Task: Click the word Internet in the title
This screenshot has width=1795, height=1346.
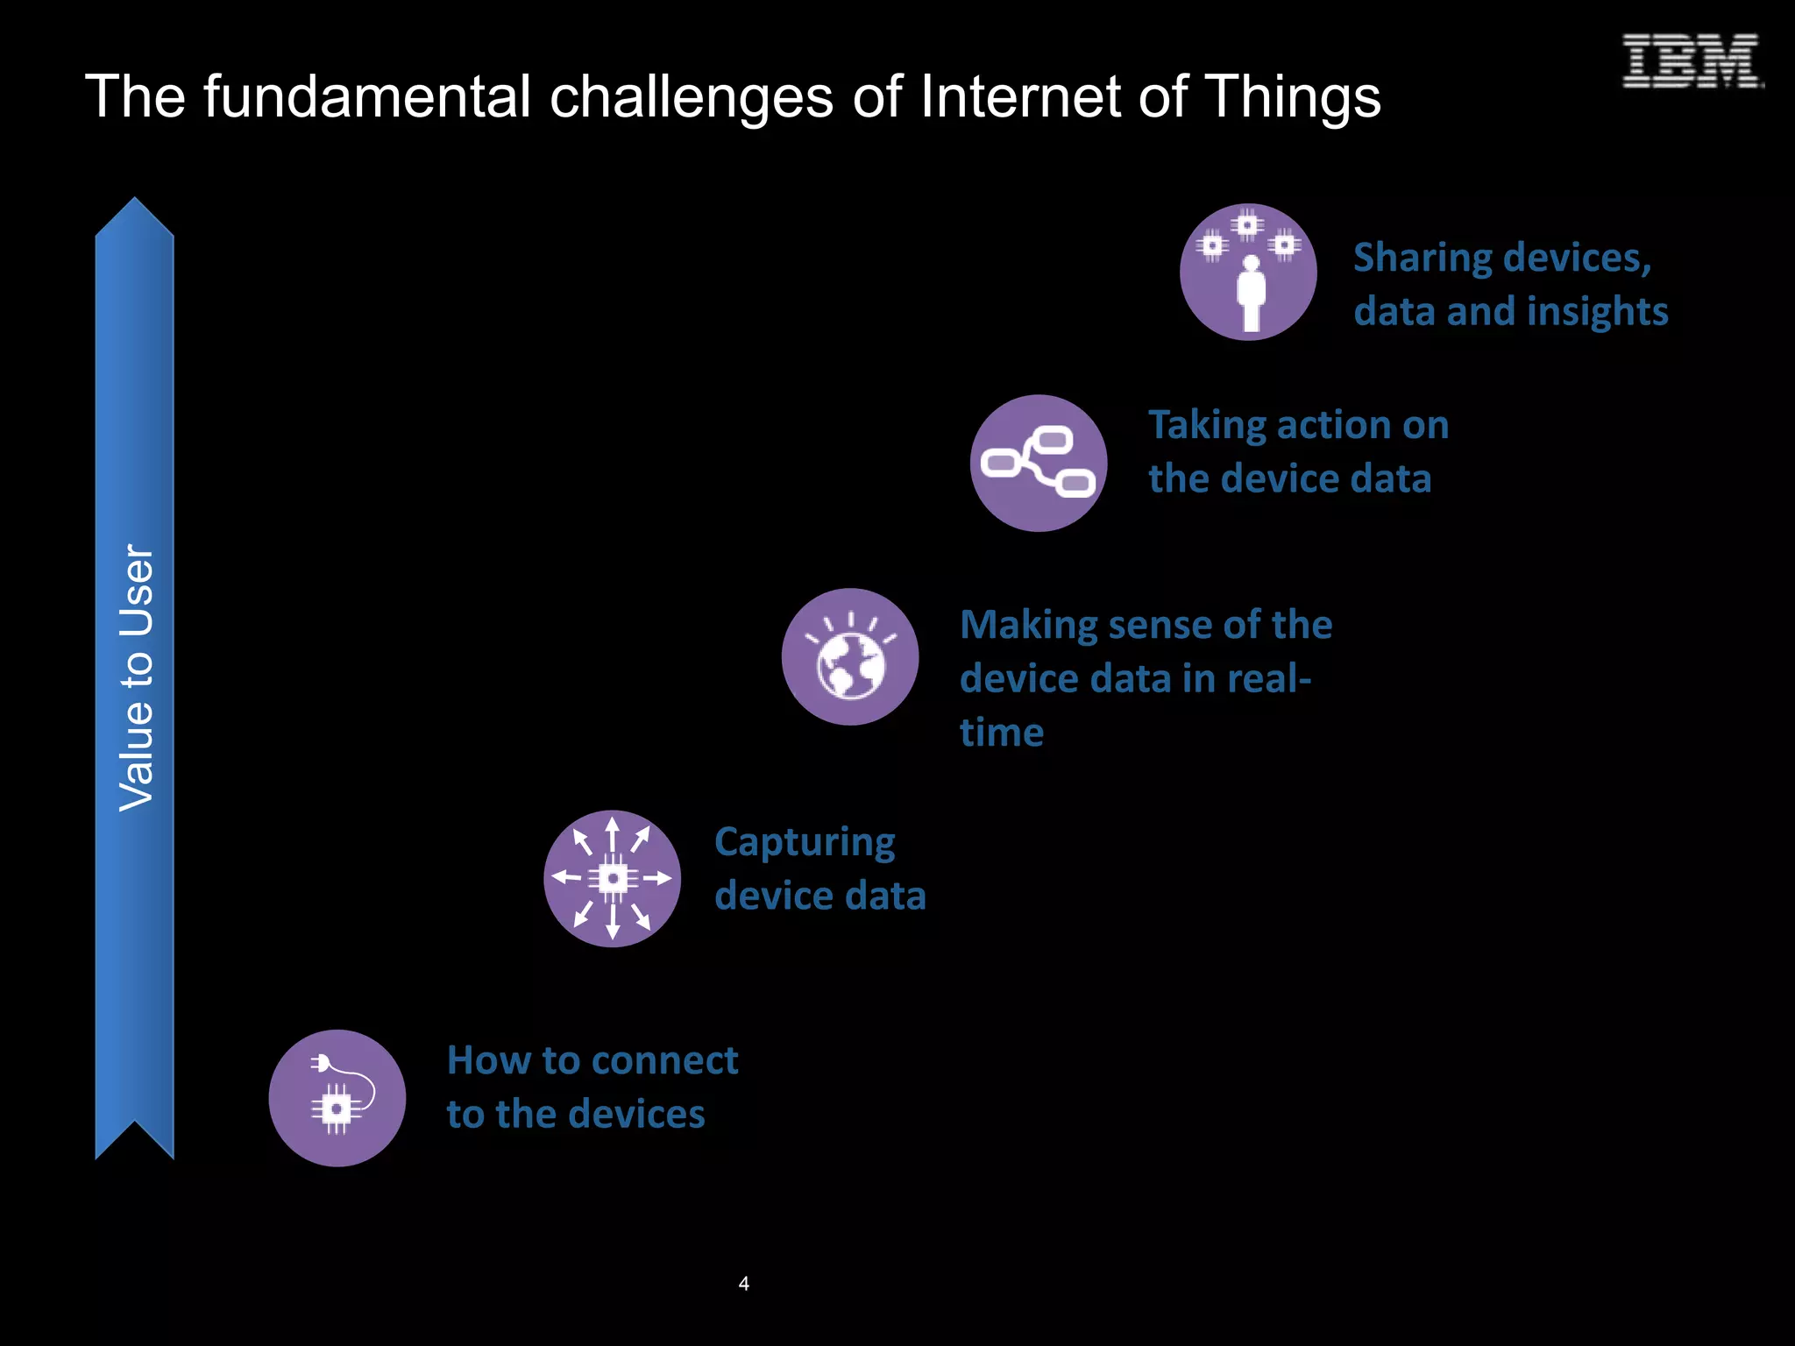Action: click(1020, 96)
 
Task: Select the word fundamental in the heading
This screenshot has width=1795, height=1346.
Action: click(367, 96)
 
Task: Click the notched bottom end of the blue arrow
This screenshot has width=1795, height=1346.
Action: click(134, 1136)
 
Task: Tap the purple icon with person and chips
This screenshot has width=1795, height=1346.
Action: click(1248, 273)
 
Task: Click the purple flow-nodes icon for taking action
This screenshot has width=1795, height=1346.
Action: click(1039, 463)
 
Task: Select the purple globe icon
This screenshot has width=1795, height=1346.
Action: click(850, 656)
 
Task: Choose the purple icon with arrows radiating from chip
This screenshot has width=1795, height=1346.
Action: click(612, 878)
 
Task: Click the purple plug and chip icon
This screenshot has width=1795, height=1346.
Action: click(337, 1098)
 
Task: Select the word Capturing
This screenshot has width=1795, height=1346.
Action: click(805, 843)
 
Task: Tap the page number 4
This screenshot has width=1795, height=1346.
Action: click(743, 1284)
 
